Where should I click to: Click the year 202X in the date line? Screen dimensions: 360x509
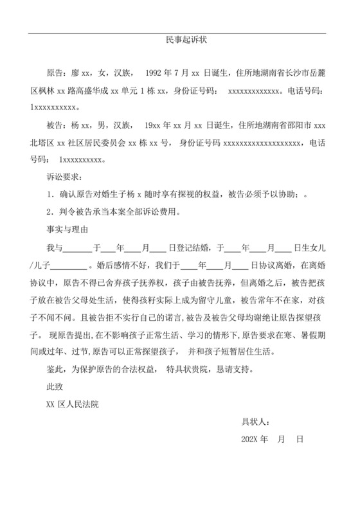coord(249,440)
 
